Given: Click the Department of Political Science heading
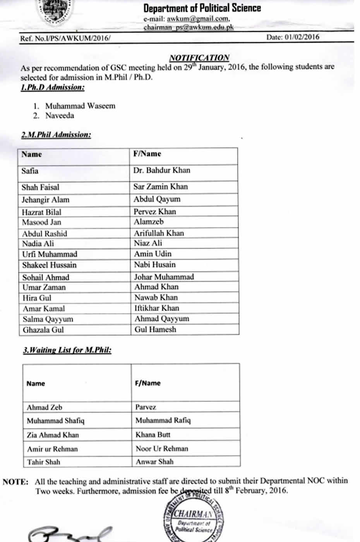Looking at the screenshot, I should [202, 8].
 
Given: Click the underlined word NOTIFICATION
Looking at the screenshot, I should [199, 58].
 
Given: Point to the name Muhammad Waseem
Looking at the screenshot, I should [80, 106].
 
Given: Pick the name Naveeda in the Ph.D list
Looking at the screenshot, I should [60, 115].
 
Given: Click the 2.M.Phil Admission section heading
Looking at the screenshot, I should [56, 135].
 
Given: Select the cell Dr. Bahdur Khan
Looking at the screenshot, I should [162, 170].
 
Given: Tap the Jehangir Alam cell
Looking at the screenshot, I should [46, 200].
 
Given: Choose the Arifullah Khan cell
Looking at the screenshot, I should [159, 233].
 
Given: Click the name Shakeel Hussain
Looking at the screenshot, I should [49, 265].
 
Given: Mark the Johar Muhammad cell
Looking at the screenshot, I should [164, 277].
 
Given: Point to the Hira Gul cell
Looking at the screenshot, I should [37, 298].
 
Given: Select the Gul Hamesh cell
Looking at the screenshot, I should [155, 329].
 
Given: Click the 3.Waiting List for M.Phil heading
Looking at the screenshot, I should [67, 350].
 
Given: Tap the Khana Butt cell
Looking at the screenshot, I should [153, 435].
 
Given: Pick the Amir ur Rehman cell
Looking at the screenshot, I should [52, 449].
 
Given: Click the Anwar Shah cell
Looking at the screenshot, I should [154, 461].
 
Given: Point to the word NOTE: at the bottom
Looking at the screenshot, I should [15, 482].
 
